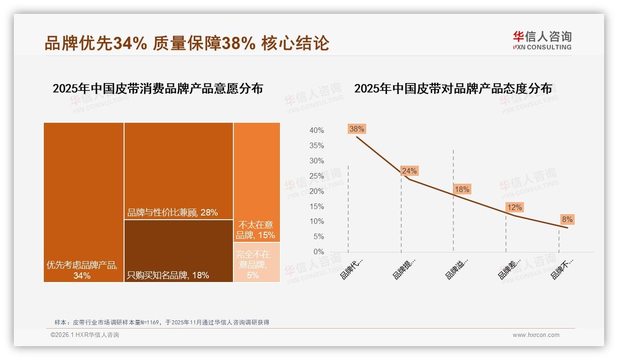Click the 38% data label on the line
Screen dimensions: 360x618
pos(357,129)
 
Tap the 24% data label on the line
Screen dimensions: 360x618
pos(409,171)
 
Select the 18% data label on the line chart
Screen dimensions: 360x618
pos(462,189)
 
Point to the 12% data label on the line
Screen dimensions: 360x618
pos(514,208)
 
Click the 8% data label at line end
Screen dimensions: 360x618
pos(567,220)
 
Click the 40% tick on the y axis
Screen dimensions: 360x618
pos(316,131)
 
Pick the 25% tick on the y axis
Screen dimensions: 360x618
pos(316,176)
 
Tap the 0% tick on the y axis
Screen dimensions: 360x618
pos(318,252)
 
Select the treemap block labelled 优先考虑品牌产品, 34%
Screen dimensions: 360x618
pos(83,202)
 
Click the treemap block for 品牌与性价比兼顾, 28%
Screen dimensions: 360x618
pos(178,171)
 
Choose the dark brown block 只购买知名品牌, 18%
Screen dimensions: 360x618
pos(178,251)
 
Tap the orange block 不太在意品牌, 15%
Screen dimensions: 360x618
pos(256,182)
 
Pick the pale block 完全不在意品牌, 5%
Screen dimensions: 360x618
pos(256,262)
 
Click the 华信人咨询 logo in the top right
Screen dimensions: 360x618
pos(542,41)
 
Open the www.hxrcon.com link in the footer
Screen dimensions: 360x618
pos(535,335)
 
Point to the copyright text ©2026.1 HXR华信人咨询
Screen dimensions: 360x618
pos(85,335)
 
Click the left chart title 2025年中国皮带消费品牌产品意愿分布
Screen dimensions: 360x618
pos(158,89)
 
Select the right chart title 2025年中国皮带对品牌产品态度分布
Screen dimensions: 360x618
pos(453,89)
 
